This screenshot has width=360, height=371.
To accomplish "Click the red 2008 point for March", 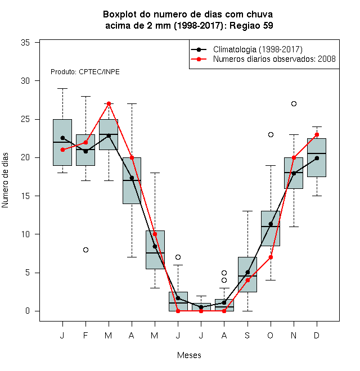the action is coord(109,103).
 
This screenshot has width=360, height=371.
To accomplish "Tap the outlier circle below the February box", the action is coord(85,250).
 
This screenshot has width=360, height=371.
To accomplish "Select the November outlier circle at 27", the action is coord(294,103).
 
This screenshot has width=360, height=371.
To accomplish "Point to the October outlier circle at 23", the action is coord(271,135).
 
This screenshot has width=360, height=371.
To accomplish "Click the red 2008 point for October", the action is coord(271,257).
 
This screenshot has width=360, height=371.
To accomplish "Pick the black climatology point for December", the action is coord(317,158).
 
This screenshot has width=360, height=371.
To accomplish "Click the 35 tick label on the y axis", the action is coord(25,43).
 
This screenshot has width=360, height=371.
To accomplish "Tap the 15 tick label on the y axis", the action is coord(25,196).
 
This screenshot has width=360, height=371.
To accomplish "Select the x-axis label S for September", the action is coord(247,335).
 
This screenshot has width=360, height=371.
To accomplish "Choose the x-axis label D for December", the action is coord(317,335).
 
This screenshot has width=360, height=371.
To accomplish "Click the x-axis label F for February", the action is coord(85,335).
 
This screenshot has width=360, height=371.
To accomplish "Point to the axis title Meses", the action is coord(189,355).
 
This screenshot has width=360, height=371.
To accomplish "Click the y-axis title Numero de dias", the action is coord(5,180).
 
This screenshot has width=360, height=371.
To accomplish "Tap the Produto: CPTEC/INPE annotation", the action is coord(85,72).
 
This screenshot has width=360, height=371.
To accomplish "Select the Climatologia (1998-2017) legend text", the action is coord(258,49).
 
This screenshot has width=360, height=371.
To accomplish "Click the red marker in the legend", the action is coord(199,59).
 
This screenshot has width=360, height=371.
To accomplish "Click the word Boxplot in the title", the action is coord(120,15).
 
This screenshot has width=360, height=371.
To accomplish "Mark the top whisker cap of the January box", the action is coord(63,88).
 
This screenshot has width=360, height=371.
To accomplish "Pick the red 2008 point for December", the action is coord(317,135).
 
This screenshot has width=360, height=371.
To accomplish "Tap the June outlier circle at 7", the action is coord(178,257).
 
